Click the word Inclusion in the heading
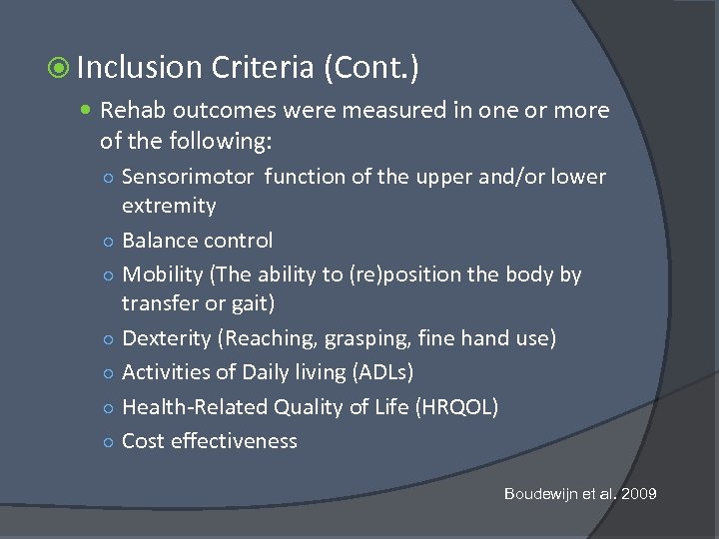(139, 68)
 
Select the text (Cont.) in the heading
(370, 68)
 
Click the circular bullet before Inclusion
(59, 69)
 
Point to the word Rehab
(131, 110)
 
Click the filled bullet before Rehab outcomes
(89, 111)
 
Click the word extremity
(169, 207)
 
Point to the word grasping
(375, 339)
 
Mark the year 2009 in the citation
(638, 494)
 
